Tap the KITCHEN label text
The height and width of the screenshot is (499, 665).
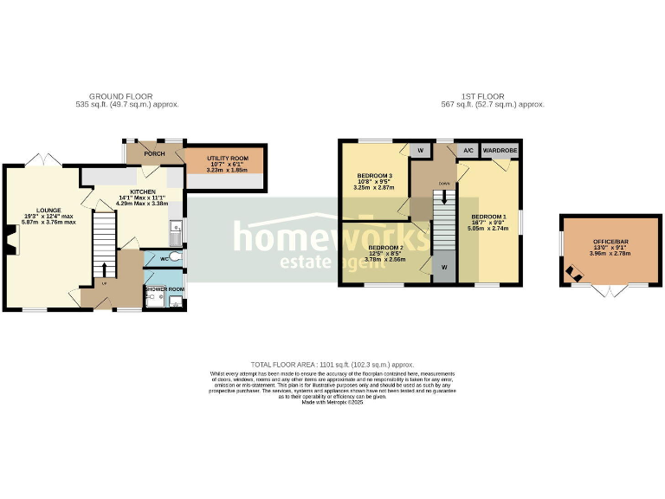(142, 191)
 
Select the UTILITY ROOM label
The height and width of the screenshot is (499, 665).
(227, 159)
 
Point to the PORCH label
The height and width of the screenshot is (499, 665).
(154, 154)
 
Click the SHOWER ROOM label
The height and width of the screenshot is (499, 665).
(164, 288)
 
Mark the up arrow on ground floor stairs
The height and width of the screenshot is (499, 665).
(105, 267)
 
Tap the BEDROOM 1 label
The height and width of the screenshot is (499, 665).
(488, 216)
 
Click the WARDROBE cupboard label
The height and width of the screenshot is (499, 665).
(500, 150)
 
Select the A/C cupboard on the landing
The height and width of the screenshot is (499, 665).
(468, 150)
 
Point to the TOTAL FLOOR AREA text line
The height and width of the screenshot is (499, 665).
(332, 365)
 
